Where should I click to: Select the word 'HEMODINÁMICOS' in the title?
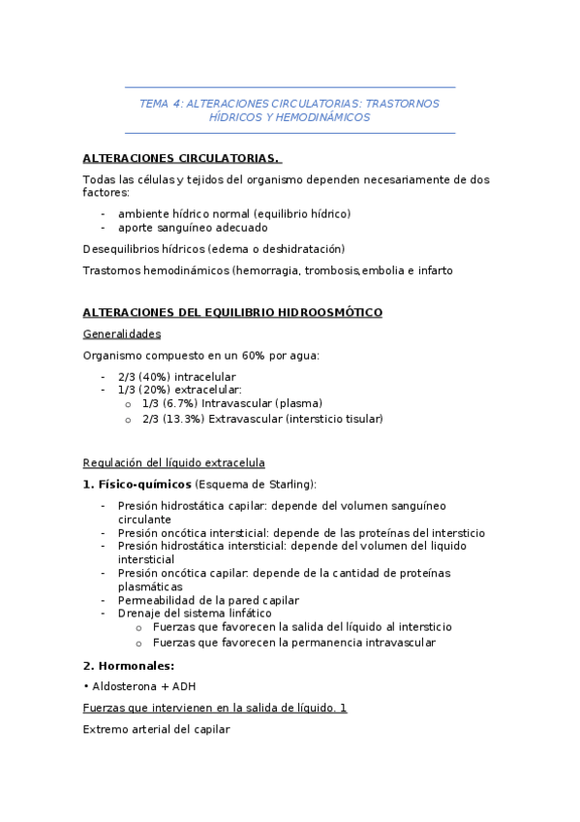[x=322, y=117]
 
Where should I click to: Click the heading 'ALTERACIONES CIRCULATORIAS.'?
[x=182, y=158]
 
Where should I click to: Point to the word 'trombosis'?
[x=331, y=270]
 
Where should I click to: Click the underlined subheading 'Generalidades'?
[x=122, y=334]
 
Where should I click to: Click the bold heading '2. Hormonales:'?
[x=129, y=666]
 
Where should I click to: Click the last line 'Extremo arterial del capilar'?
[x=156, y=730]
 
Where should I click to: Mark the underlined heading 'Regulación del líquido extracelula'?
[x=174, y=462]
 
